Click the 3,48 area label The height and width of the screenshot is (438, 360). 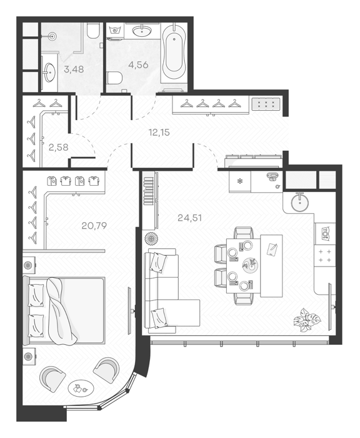click(x=74, y=69)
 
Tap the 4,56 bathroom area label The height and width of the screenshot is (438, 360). click(x=138, y=65)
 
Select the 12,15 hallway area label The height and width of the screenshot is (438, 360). click(x=159, y=132)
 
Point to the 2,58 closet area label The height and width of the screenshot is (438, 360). click(x=58, y=147)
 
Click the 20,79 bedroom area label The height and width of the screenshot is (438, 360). click(x=94, y=225)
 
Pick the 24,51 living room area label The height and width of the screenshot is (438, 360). click(x=189, y=218)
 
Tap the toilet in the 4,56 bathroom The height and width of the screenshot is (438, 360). click(x=115, y=78)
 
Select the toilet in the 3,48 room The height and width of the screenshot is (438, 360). click(x=93, y=31)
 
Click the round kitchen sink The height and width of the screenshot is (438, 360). click(x=300, y=202)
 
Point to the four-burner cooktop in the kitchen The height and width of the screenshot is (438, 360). click(x=325, y=255)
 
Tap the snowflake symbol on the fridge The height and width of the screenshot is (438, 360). click(x=239, y=181)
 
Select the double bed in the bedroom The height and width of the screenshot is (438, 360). click(x=64, y=310)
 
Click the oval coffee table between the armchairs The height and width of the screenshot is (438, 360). click(x=81, y=388)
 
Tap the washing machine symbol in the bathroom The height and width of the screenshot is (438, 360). click(x=116, y=31)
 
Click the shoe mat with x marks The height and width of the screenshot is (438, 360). click(x=266, y=104)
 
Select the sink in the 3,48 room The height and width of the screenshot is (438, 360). click(x=50, y=73)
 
